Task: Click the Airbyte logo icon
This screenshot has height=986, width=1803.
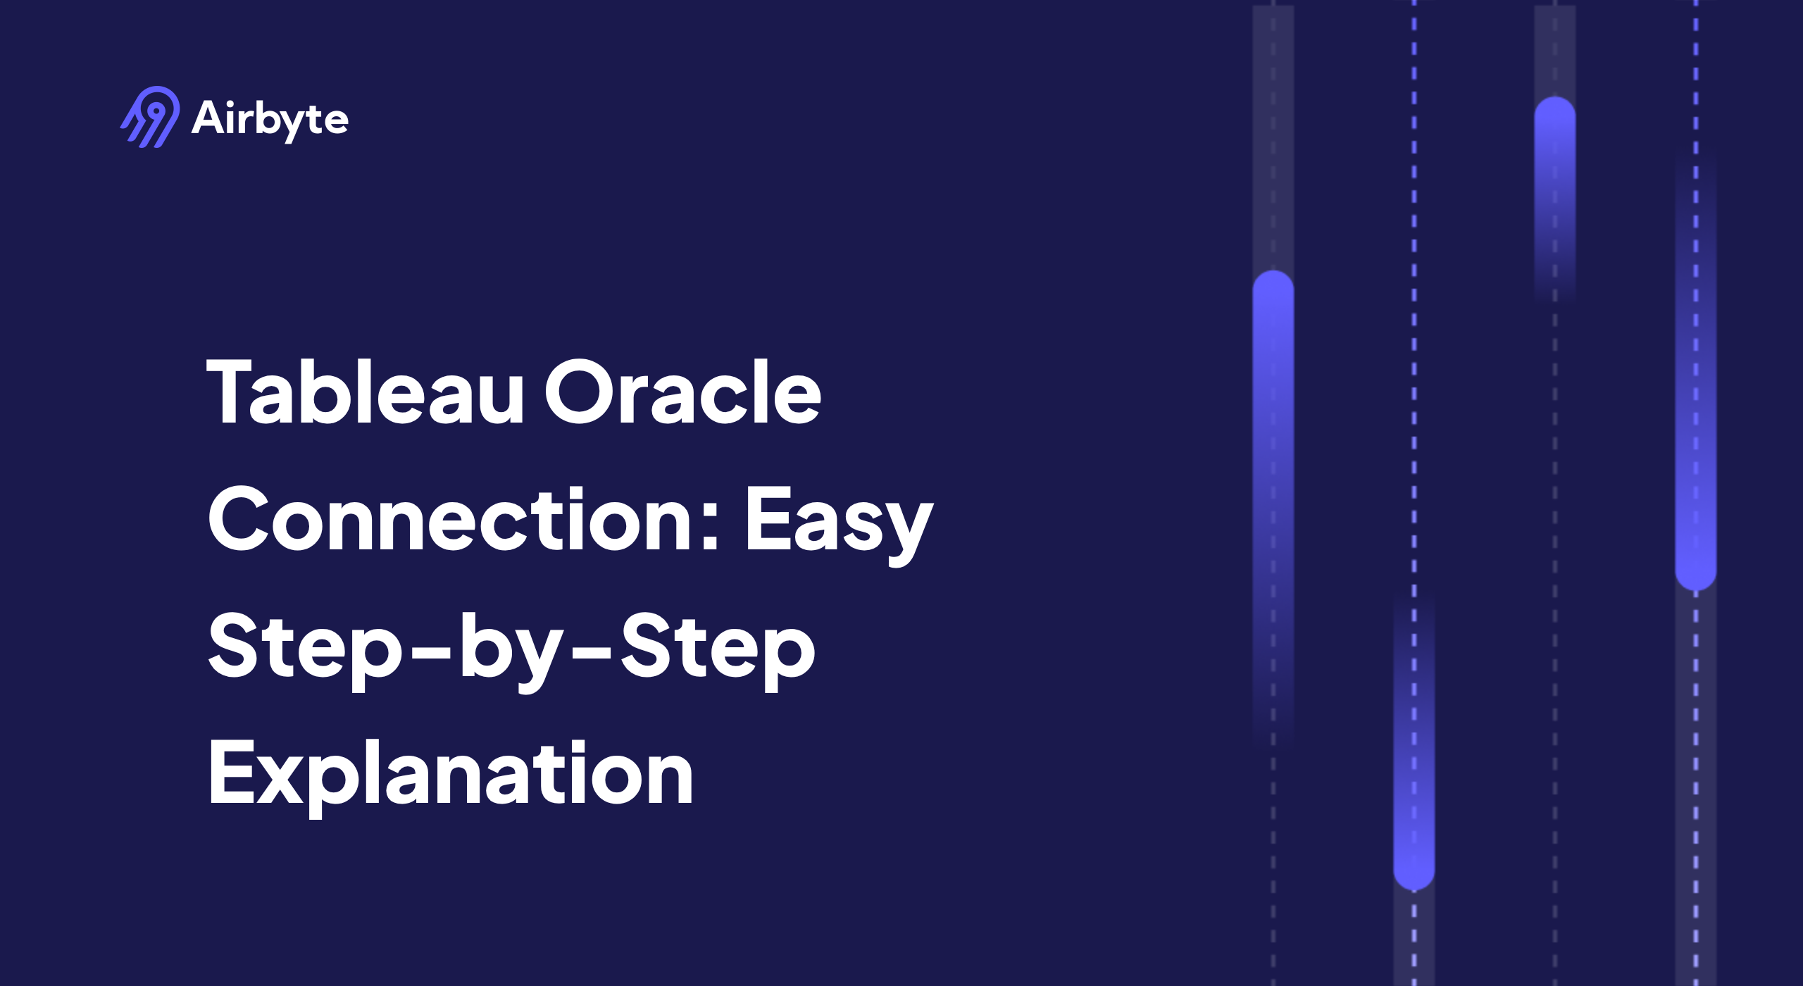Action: [150, 117]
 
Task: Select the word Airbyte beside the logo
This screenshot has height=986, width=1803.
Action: [270, 118]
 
